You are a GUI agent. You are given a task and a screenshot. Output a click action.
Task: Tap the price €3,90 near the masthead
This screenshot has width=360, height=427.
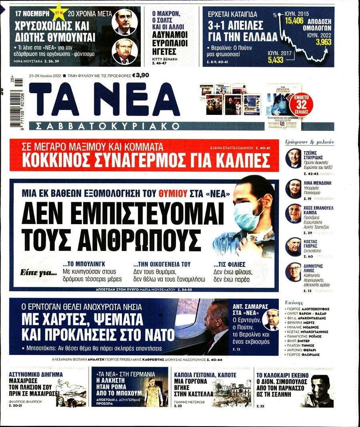[140, 74]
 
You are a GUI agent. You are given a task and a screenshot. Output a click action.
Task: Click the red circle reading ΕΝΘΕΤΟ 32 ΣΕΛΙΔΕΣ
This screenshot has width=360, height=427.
[301, 105]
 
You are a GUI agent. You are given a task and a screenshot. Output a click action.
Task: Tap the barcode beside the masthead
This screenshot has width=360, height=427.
[18, 102]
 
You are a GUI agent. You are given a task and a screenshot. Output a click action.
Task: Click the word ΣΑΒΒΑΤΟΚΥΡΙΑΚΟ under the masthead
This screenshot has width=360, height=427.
[108, 126]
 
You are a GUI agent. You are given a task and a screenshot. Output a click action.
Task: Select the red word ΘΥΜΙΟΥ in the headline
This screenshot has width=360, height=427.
[172, 193]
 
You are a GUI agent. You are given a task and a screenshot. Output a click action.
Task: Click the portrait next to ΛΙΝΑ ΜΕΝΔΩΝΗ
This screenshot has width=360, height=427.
[293, 188]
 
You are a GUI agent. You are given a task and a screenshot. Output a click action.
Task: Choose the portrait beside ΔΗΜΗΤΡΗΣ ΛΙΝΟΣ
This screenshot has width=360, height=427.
[293, 272]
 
